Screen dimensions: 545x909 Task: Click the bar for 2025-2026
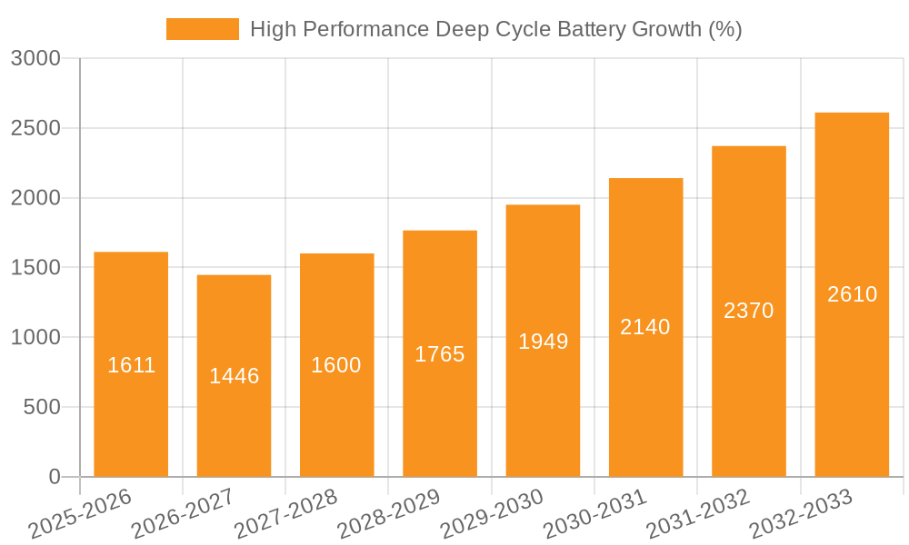[x=131, y=409]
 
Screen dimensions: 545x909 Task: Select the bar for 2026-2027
[x=234, y=418]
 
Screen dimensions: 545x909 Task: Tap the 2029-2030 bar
[x=543, y=409]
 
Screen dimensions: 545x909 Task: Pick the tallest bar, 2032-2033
[x=852, y=381]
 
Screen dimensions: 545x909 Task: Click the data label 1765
[x=440, y=354]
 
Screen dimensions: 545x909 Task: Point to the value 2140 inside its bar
[x=645, y=327]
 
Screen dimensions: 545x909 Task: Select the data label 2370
[x=749, y=311]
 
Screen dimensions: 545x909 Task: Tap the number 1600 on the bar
[x=336, y=365]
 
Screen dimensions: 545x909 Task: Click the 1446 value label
[x=235, y=376]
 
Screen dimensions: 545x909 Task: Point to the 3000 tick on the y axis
[x=35, y=59]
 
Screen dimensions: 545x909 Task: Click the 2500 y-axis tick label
[x=35, y=128]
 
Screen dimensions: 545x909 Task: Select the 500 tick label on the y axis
[x=42, y=407]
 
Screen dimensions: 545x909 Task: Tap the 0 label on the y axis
[x=54, y=477]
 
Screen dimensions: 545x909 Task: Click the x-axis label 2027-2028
[x=286, y=514]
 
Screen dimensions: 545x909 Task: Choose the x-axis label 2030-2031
[x=595, y=514]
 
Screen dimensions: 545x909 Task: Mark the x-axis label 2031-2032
[x=698, y=514]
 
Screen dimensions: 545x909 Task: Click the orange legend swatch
[x=202, y=29]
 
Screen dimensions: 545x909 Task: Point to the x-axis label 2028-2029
[x=389, y=514]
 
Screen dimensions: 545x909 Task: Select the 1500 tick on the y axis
[x=35, y=268]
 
